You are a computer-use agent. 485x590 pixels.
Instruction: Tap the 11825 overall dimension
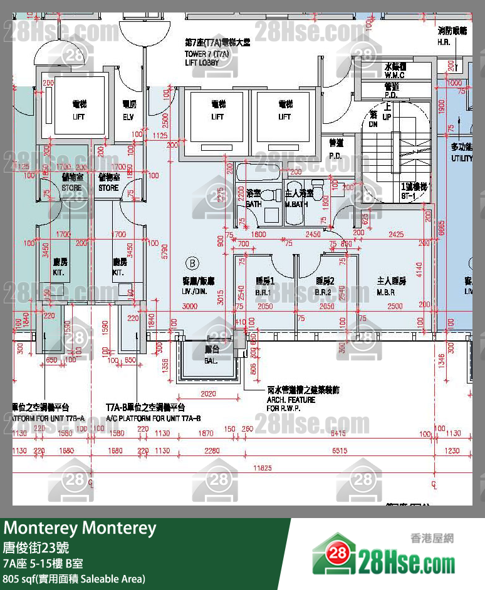tap(262, 468)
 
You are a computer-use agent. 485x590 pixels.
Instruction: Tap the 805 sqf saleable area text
tap(74, 579)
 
